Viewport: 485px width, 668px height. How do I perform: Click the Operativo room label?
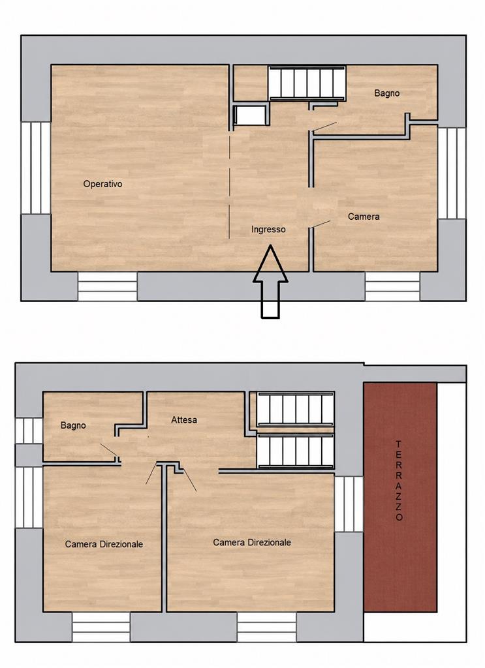coord(102,184)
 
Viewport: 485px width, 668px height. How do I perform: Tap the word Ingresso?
coord(268,230)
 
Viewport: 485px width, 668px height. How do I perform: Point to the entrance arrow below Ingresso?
coord(270,281)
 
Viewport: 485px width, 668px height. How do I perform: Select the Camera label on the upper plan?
coord(364,217)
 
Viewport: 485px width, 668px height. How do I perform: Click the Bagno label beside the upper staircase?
coord(387,93)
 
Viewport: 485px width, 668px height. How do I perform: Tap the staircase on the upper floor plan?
coord(306,83)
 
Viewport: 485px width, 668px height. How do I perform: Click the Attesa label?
coord(184,420)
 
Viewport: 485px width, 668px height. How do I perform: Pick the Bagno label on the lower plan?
coord(73,425)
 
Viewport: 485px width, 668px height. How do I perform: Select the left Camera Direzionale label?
coord(104,545)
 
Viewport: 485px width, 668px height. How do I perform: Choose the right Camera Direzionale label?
coord(252,542)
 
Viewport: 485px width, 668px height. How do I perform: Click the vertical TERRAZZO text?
coord(398,481)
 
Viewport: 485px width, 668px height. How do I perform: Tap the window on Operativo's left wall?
coord(36,168)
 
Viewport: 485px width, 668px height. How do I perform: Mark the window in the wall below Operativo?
coord(108,286)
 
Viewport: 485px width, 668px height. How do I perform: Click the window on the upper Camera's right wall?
coord(452,173)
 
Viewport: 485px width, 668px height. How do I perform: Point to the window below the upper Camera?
coord(392,286)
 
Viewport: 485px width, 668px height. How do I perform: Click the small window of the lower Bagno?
coord(29,431)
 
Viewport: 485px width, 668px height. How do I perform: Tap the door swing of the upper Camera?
coord(320,224)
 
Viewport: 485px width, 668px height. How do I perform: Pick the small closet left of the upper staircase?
coord(250,115)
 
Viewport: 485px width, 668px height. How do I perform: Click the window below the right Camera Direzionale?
coord(267,627)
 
